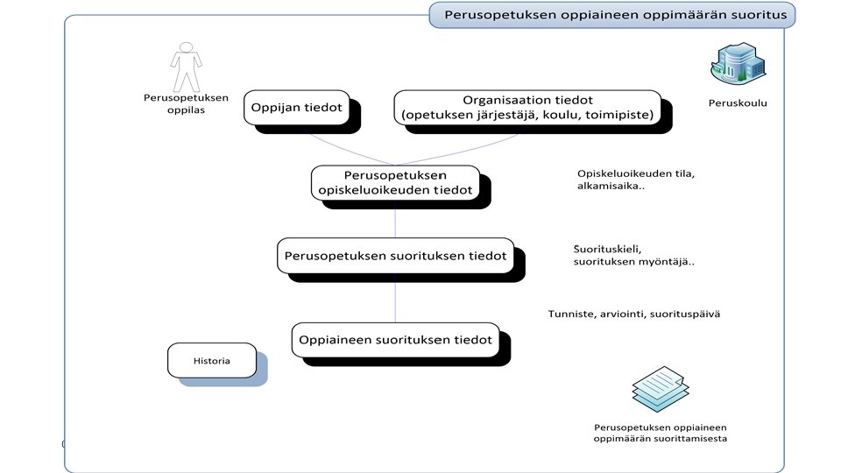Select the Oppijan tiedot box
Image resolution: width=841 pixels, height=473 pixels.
pyautogui.click(x=298, y=108)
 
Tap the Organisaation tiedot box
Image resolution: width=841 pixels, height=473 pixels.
pyautogui.click(x=527, y=109)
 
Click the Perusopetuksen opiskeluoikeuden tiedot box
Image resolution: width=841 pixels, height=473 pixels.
pyautogui.click(x=395, y=183)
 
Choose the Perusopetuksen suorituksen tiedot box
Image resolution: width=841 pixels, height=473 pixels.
pyautogui.click(x=395, y=257)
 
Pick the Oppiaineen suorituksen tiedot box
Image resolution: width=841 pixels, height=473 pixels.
pyautogui.click(x=395, y=340)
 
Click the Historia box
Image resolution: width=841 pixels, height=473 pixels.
pyautogui.click(x=211, y=360)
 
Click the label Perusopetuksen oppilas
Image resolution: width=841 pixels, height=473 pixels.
pyautogui.click(x=186, y=104)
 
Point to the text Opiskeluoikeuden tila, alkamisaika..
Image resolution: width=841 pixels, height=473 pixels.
pyautogui.click(x=623, y=180)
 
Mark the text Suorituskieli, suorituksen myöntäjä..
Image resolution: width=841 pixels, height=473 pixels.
pyautogui.click(x=633, y=255)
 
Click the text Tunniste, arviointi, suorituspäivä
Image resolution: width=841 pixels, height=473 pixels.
pyautogui.click(x=634, y=314)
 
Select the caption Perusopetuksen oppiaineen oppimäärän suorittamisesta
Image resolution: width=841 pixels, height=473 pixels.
pyautogui.click(x=661, y=433)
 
